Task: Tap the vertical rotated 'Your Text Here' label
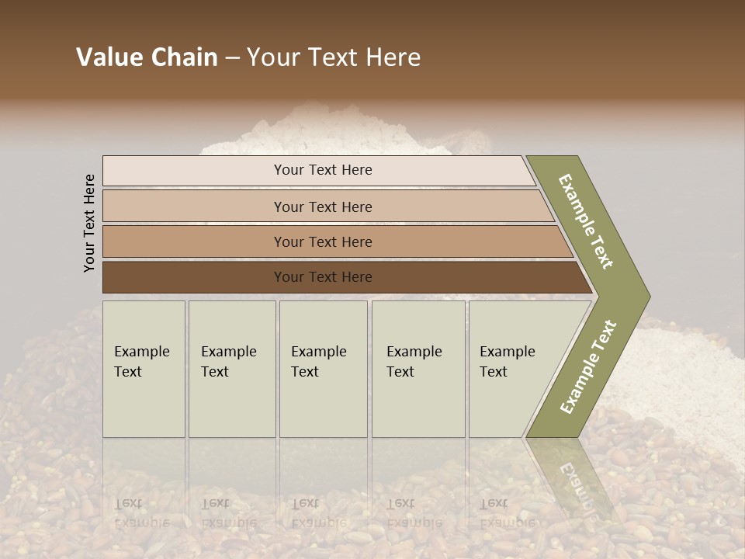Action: coord(89,223)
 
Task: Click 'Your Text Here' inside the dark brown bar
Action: coord(323,277)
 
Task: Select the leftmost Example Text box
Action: coord(144,369)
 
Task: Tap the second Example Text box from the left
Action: coord(232,369)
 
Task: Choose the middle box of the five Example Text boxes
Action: coord(323,369)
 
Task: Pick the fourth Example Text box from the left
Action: coord(418,369)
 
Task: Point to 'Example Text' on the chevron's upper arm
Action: coord(586,221)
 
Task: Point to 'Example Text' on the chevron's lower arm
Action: coord(588,367)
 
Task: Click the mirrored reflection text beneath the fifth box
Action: coord(508,513)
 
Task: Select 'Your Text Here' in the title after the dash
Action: coord(334,57)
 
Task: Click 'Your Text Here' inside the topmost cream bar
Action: coord(323,170)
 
